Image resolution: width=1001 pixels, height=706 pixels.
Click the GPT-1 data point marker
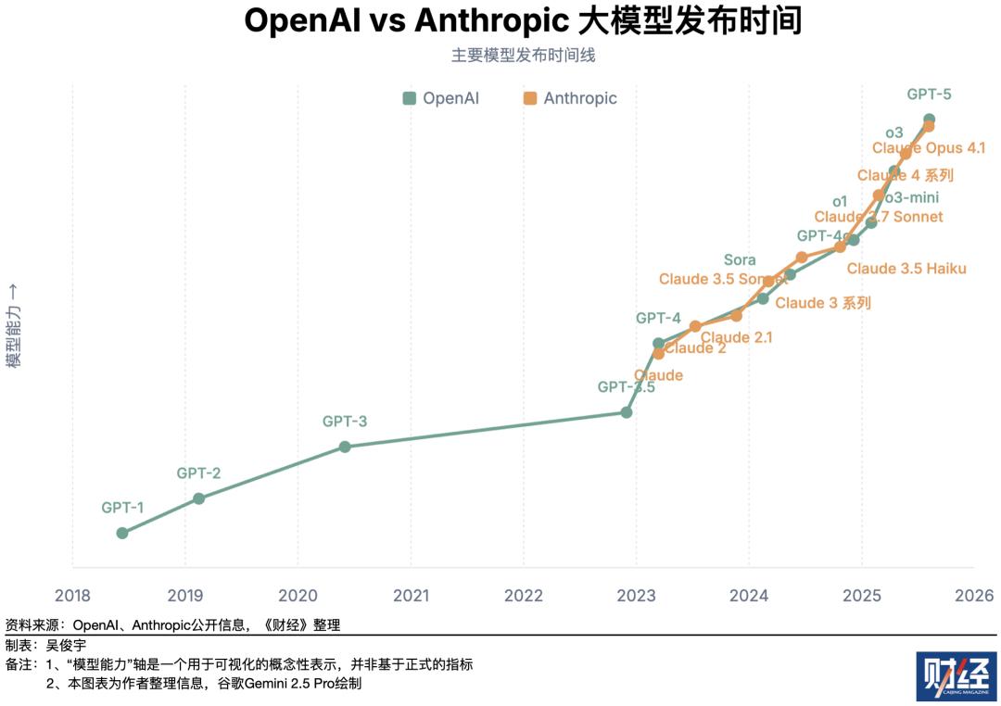pos(122,533)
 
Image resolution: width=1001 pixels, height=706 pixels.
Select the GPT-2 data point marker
pos(198,498)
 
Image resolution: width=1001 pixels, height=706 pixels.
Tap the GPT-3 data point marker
pos(345,447)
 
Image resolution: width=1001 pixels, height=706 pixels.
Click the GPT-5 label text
pos(929,94)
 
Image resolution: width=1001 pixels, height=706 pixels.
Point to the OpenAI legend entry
pos(441,98)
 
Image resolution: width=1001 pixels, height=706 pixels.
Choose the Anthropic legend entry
pos(570,98)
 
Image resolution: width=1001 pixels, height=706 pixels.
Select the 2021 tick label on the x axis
pos(410,595)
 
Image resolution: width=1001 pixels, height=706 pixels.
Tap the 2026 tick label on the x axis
pos(974,595)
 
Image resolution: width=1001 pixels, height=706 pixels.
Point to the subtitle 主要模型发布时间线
pos(523,56)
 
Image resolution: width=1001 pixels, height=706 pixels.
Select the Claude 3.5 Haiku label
pos(906,269)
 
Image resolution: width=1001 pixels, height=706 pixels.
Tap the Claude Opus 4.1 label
pos(929,148)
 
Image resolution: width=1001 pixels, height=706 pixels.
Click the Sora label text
pos(740,260)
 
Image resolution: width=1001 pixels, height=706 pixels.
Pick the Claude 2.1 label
pos(737,338)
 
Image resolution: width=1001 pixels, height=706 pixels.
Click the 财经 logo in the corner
pos(956,677)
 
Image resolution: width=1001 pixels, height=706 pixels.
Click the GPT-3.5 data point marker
pos(627,412)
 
